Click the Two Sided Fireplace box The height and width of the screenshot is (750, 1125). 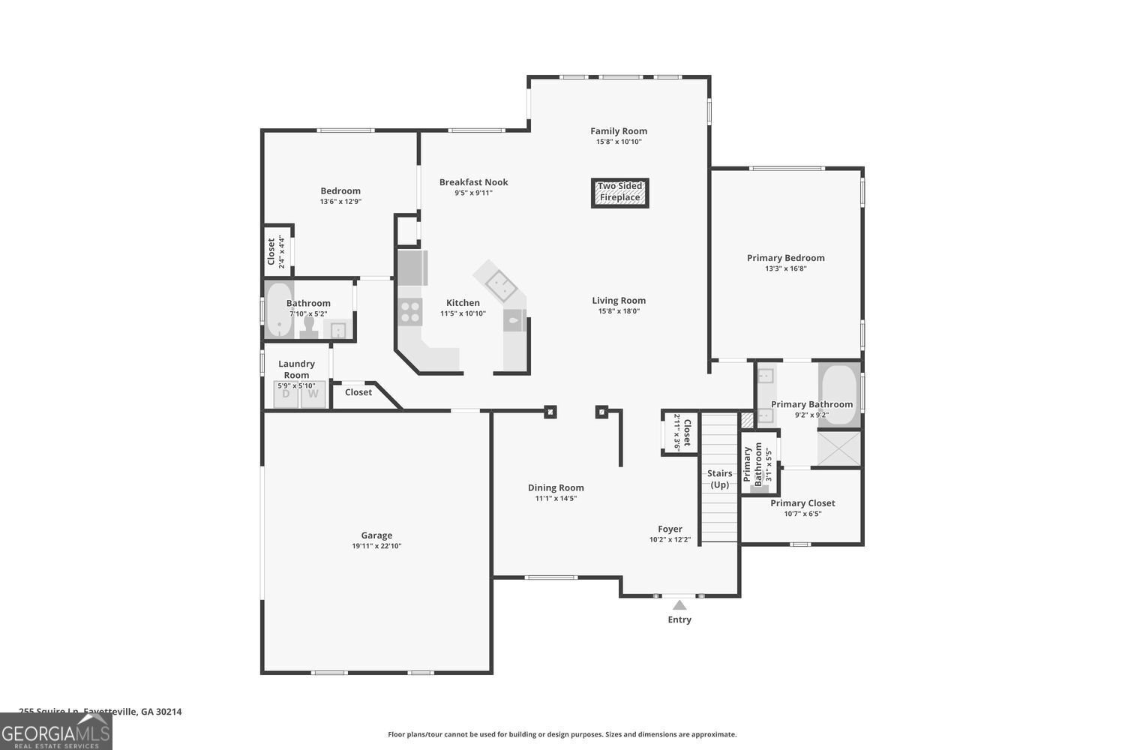pyautogui.click(x=619, y=193)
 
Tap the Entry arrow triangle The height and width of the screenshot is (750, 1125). pyautogui.click(x=679, y=604)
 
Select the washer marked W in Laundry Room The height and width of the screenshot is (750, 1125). pyautogui.click(x=313, y=394)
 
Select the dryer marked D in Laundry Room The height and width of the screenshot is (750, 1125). pyautogui.click(x=286, y=394)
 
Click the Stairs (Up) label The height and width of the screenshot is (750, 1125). pyautogui.click(x=720, y=478)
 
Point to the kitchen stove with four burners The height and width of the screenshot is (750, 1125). pyautogui.click(x=410, y=311)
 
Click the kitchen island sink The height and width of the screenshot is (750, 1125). pyautogui.click(x=499, y=283)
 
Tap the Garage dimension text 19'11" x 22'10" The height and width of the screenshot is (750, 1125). pyautogui.click(x=376, y=546)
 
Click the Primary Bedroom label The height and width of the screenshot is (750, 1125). pyautogui.click(x=785, y=258)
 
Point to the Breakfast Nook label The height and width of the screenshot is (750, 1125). pyautogui.click(x=473, y=182)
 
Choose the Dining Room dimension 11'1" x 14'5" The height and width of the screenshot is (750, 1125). pyautogui.click(x=556, y=499)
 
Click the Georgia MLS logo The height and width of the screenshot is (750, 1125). pyautogui.click(x=56, y=731)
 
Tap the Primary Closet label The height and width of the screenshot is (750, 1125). pyautogui.click(x=802, y=503)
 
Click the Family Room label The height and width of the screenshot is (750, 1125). pyautogui.click(x=619, y=131)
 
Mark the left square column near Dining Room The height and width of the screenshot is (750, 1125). pyautogui.click(x=550, y=411)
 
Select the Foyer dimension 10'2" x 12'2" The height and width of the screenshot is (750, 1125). pyautogui.click(x=670, y=540)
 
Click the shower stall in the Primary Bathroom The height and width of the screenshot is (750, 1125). pyautogui.click(x=838, y=448)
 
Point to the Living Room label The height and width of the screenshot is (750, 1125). pyautogui.click(x=619, y=301)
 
